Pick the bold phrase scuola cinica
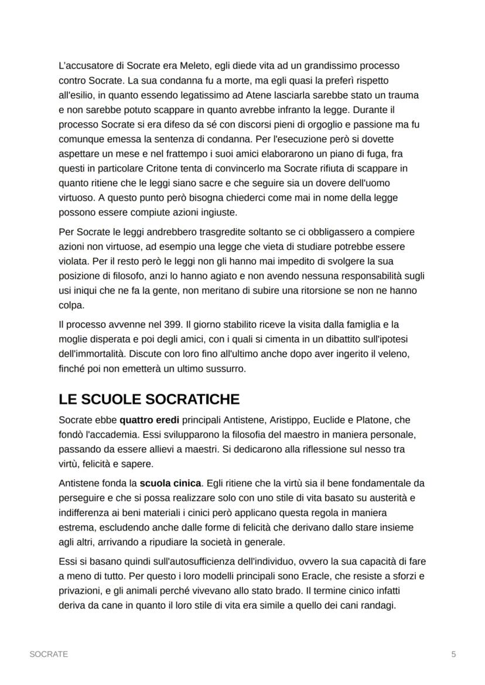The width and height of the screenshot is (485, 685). click(170, 483)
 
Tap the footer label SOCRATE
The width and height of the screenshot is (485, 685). click(49, 654)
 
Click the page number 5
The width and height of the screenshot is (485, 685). click(453, 654)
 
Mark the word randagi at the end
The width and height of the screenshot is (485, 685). click(378, 605)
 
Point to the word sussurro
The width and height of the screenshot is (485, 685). click(226, 369)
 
